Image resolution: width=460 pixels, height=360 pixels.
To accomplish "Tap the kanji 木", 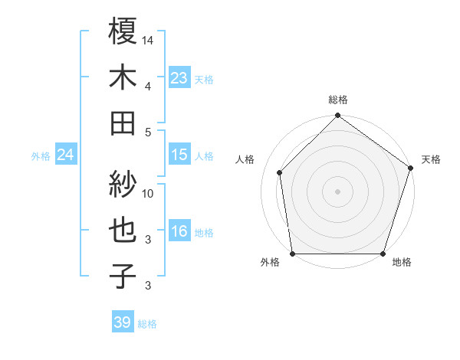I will (x=123, y=77).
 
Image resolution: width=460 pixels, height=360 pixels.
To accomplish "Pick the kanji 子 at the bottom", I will (x=123, y=276).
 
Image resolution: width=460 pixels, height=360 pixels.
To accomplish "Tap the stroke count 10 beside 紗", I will (x=149, y=194).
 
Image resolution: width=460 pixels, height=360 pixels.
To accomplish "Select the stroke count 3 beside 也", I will (x=149, y=240).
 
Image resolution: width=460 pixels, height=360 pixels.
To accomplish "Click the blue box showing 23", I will (x=179, y=78).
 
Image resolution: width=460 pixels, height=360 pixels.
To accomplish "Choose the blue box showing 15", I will (x=179, y=155).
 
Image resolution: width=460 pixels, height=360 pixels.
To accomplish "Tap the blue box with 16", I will (x=179, y=232).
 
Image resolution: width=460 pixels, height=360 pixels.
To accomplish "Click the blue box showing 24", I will (x=65, y=155).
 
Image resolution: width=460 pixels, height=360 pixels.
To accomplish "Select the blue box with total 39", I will (x=122, y=322).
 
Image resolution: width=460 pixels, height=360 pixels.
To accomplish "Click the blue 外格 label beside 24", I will (x=41, y=156).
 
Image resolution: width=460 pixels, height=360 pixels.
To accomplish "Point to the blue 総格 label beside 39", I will (x=147, y=324).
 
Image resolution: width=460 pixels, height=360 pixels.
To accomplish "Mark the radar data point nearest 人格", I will (x=280, y=172).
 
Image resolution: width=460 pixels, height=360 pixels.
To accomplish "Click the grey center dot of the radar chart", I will (x=337, y=191).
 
